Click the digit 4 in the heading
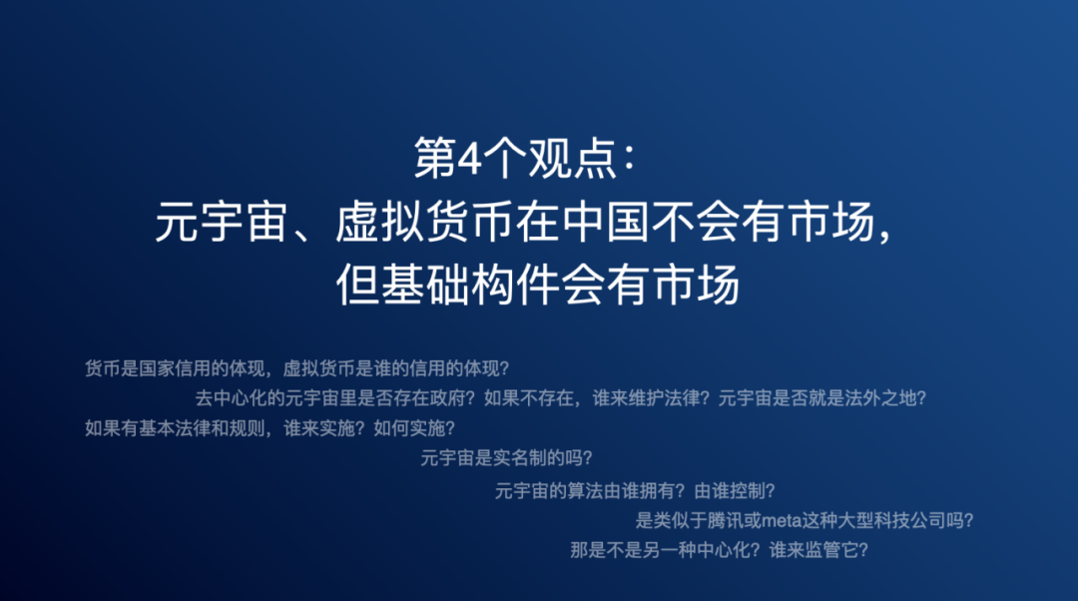(x=469, y=159)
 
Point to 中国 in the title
(x=606, y=222)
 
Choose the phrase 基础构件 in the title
(x=470, y=284)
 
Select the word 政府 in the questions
(x=448, y=398)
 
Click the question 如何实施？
(x=414, y=428)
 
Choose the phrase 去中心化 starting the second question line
(x=231, y=398)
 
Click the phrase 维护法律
(x=665, y=398)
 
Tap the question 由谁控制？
(x=735, y=491)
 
